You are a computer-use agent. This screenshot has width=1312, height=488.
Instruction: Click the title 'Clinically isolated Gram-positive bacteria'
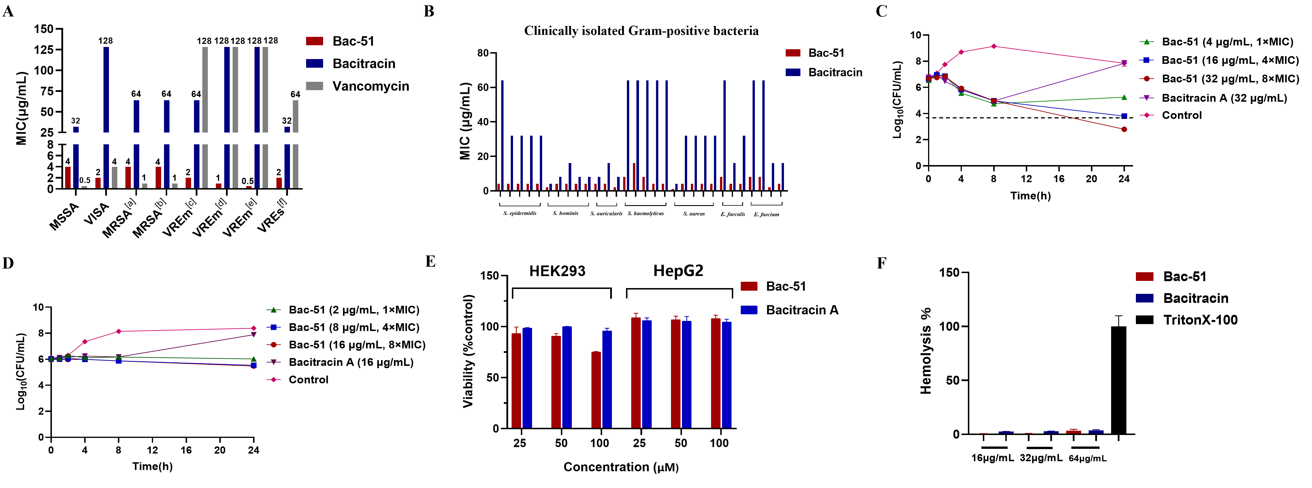tap(641, 31)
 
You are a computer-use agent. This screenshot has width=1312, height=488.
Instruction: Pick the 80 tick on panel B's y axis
tap(483, 53)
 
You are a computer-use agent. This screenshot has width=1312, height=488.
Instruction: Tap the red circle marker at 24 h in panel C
tap(1124, 129)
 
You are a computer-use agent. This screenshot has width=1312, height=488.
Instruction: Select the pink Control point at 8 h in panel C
tap(994, 46)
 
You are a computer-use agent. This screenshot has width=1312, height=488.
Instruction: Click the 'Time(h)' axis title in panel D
tap(152, 466)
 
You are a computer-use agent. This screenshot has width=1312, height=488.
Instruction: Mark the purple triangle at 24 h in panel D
tap(254, 335)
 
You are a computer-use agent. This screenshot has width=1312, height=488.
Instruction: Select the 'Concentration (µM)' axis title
tap(621, 467)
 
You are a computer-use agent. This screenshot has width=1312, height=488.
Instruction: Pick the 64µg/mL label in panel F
tap(1087, 459)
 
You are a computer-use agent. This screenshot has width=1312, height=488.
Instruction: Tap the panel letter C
tap(882, 11)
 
